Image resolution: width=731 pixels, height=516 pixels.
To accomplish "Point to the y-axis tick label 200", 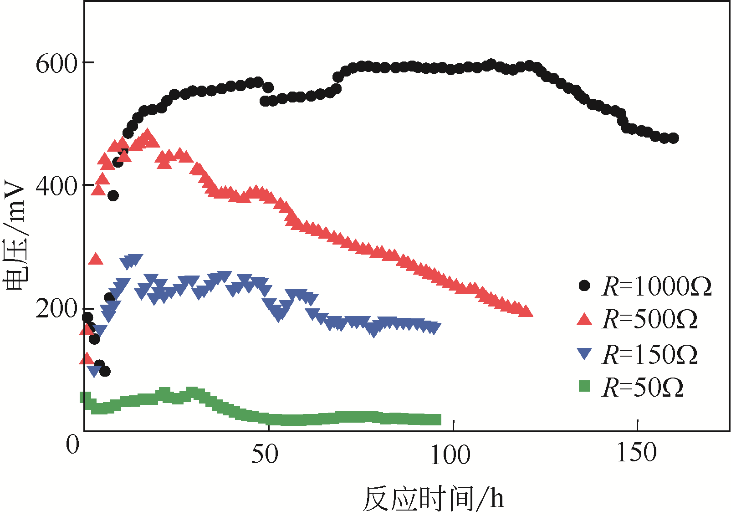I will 57,309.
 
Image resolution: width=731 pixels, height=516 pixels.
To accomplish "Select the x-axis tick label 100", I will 450,455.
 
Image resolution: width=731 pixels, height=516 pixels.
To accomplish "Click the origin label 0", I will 72,445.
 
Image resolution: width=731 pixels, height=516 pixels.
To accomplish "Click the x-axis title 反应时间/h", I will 434,499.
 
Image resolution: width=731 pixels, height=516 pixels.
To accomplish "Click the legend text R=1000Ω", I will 656,287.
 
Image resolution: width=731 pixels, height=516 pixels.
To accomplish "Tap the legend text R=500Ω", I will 649,320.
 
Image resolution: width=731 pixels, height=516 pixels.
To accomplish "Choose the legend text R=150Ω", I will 649,355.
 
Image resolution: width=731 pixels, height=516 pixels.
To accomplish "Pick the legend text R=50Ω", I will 643,388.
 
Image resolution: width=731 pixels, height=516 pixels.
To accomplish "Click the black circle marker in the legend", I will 584,286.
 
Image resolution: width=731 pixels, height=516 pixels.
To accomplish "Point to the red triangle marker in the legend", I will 584,320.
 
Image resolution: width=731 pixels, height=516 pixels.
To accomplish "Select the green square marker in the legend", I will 584,387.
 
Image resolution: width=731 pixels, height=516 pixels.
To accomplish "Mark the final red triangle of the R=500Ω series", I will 526,312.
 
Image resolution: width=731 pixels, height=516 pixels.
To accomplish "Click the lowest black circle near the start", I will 105,372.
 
